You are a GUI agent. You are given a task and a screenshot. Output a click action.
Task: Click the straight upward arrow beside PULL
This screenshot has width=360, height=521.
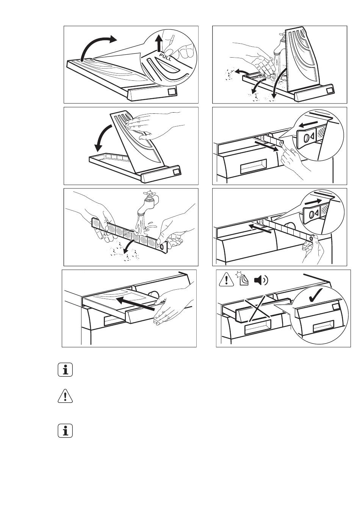[x=160, y=42]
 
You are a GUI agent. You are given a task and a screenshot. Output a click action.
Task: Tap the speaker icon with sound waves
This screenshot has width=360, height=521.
[x=260, y=280]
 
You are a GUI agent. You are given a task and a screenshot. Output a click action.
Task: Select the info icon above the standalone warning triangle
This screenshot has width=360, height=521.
[x=65, y=370]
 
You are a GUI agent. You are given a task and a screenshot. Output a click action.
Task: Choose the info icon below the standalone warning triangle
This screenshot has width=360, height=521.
[x=65, y=431]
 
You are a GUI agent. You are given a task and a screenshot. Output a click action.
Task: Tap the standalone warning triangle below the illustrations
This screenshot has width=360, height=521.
[x=65, y=397]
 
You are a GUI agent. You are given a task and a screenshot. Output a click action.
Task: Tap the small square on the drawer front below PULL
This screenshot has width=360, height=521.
[x=171, y=92]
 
